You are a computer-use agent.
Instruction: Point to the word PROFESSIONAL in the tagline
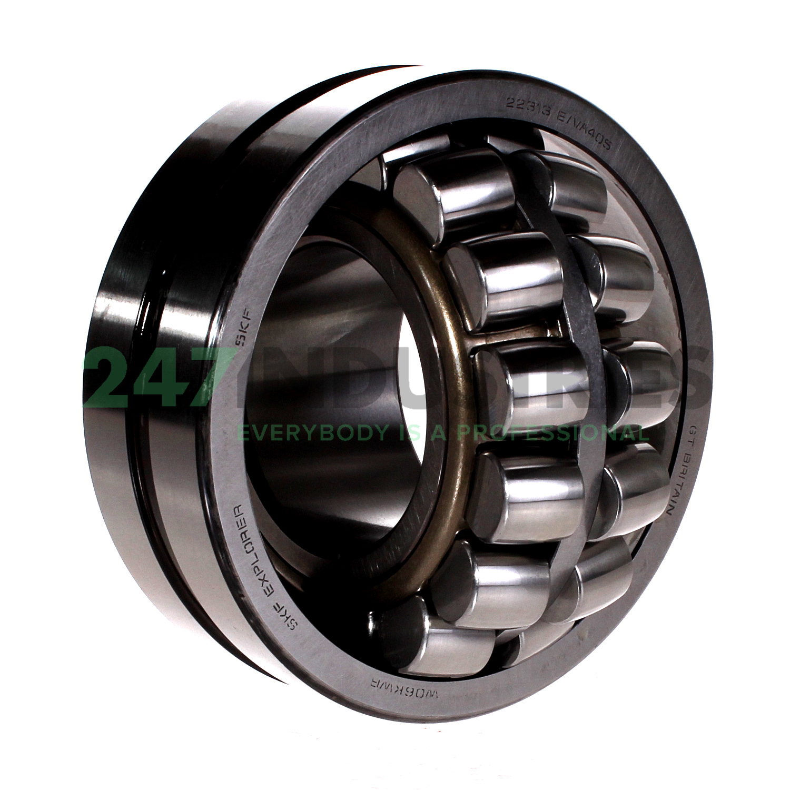(553, 433)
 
